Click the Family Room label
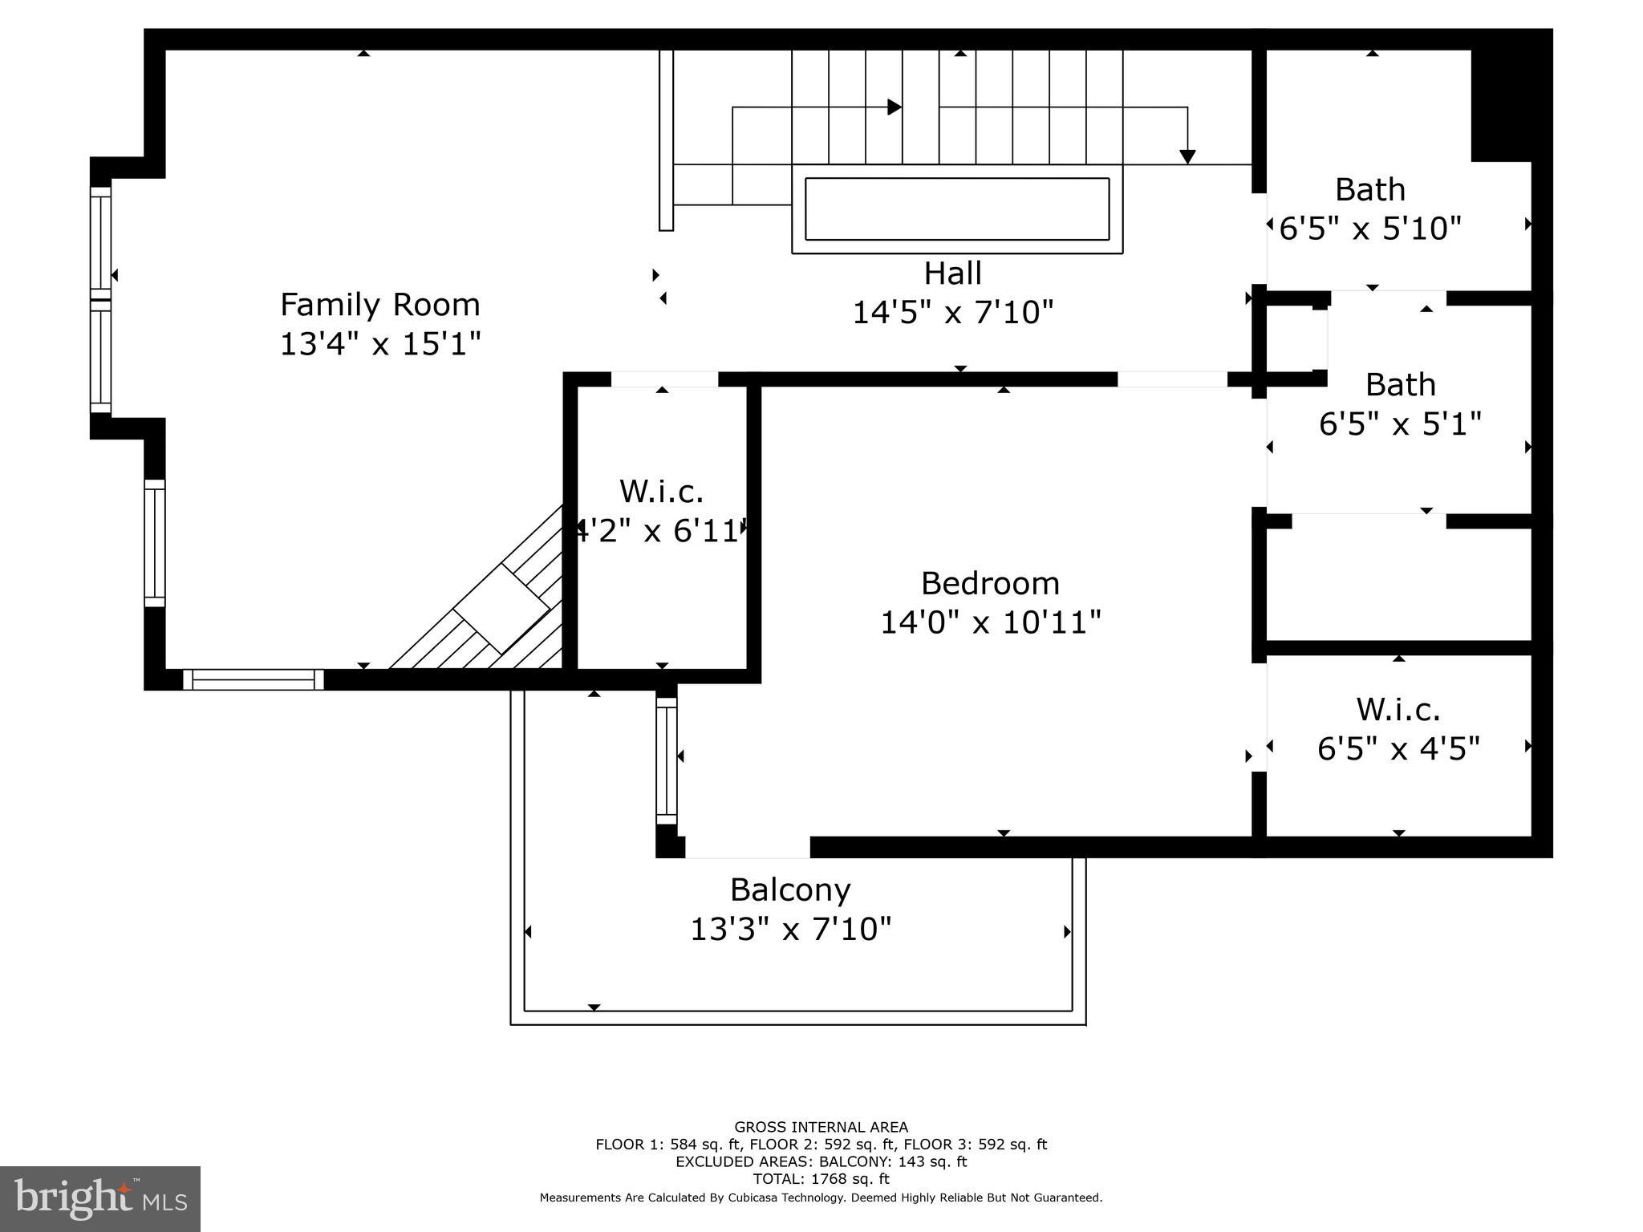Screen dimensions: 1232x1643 379,305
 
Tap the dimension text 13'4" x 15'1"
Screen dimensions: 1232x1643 379,344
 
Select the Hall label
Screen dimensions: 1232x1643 952,274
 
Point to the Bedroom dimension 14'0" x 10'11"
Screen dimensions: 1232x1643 990,622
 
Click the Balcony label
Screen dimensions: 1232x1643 789,890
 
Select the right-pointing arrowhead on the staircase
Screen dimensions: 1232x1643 895,107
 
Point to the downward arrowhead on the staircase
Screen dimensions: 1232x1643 1187,157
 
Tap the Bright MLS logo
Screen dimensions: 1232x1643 99,1198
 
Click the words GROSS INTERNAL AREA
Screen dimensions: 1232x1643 821,1127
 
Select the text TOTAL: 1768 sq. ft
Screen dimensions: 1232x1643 821,1179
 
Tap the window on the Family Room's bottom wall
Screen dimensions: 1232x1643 254,679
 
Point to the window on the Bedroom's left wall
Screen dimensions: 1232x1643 667,760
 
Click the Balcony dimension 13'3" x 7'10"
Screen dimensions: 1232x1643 790,930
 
